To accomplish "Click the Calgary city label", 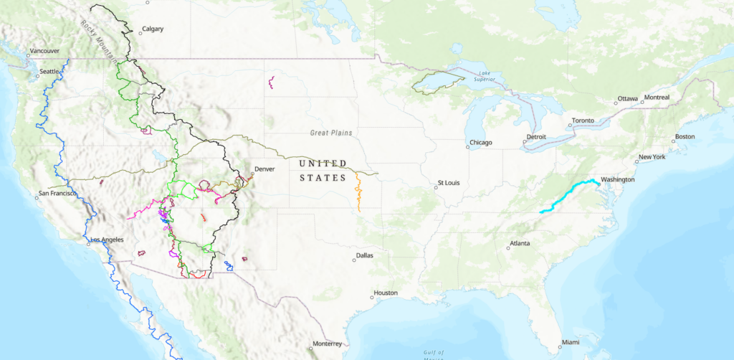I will pyautogui.click(x=153, y=29).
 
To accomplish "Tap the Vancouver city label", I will pyautogui.click(x=43, y=52).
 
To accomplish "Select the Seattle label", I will pyautogui.click(x=49, y=71).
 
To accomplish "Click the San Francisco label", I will pyautogui.click(x=59, y=194).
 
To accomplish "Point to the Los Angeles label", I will pyautogui.click(x=108, y=240).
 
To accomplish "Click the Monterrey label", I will pyautogui.click(x=327, y=344).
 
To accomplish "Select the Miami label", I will pyautogui.click(x=571, y=341).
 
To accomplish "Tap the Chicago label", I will pyautogui.click(x=482, y=143).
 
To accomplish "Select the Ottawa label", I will pyautogui.click(x=627, y=99).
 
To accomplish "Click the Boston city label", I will pyautogui.click(x=685, y=137).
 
